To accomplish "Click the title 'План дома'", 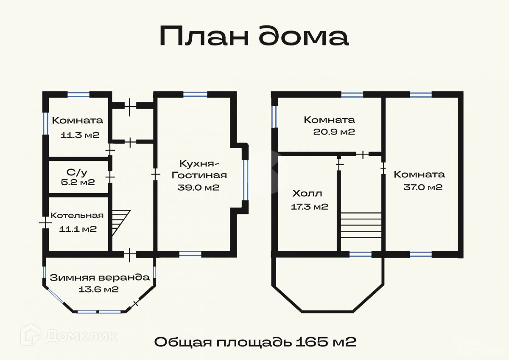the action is [x=254, y=36].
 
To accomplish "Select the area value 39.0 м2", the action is [x=199, y=187].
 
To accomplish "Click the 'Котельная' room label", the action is [x=77, y=216].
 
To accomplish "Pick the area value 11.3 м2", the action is [x=80, y=135].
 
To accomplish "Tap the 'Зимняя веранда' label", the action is [x=100, y=278].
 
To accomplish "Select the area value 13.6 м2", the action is [x=98, y=290].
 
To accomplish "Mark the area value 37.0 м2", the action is [x=422, y=187].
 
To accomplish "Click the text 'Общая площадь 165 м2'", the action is [x=255, y=342].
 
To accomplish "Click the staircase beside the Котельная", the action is [x=120, y=222].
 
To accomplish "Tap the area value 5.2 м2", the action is [x=78, y=183].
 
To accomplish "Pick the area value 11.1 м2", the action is [x=78, y=229].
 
